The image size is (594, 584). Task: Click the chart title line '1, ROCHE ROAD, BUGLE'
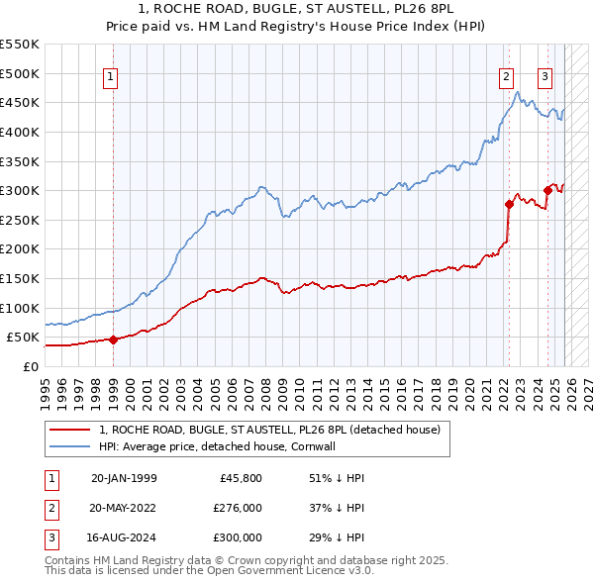coord(296,10)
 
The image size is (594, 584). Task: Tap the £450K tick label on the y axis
coord(20,102)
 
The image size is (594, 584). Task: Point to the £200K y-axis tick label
coord(20,248)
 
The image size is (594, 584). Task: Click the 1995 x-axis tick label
coord(45,385)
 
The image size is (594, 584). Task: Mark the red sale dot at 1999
coord(113,340)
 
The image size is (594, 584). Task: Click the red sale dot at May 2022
coord(509,205)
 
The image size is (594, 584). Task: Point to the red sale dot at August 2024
coord(547,190)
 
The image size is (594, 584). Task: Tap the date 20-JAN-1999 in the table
coord(123,478)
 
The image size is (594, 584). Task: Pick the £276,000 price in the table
coord(239,508)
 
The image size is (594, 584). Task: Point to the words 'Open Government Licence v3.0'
coord(298,571)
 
